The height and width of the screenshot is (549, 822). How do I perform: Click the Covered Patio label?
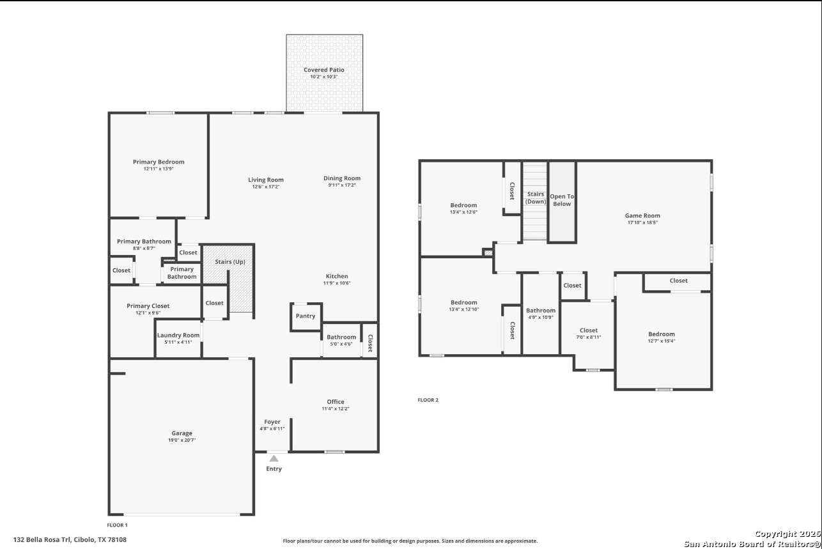point(324,70)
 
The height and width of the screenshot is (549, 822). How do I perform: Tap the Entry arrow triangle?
point(274,458)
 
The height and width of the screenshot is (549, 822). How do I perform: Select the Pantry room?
point(306,316)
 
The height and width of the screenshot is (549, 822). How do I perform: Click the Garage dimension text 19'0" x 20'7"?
point(182,440)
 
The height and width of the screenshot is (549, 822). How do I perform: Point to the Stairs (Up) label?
point(229,262)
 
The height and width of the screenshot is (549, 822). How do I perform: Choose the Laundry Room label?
point(178,335)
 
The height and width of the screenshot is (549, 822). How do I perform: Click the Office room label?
point(336,402)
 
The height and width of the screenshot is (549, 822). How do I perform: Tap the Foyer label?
point(272,422)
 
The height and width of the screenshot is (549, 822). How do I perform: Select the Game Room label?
point(642,215)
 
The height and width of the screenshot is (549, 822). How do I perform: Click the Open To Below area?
point(562,201)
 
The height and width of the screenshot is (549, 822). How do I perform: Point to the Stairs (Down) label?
point(535,197)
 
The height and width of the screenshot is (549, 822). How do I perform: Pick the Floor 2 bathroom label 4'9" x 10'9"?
point(541,318)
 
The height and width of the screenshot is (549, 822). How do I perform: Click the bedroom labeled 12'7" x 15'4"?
point(662,334)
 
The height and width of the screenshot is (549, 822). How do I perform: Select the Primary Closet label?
point(148,305)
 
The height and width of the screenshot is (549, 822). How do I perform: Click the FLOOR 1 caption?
point(117,525)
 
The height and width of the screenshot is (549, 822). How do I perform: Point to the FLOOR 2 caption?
point(428,400)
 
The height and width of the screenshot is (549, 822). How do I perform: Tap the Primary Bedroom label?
point(159,162)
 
